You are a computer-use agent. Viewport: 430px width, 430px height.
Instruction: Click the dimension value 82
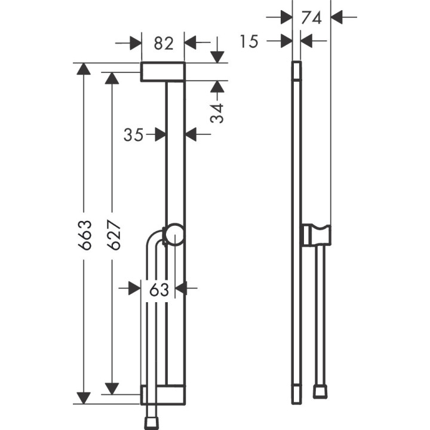click(x=163, y=43)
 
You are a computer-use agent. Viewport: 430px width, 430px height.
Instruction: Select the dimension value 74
click(x=311, y=17)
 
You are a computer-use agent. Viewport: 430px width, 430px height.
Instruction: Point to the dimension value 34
click(x=218, y=113)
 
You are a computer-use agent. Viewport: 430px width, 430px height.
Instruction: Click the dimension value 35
click(x=134, y=135)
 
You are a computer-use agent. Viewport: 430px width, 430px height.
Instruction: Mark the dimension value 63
click(x=159, y=289)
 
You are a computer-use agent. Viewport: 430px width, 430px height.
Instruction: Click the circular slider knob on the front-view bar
click(x=175, y=234)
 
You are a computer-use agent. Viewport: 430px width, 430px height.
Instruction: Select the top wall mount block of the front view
click(x=163, y=72)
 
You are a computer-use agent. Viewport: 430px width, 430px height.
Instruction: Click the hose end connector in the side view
click(x=320, y=392)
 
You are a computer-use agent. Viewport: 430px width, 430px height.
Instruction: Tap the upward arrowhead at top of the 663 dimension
click(x=84, y=68)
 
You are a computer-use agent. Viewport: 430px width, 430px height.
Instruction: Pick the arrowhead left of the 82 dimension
click(x=136, y=43)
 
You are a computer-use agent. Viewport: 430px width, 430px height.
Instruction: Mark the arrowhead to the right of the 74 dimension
click(x=337, y=17)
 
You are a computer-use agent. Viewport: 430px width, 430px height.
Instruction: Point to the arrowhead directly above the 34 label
click(x=218, y=87)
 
